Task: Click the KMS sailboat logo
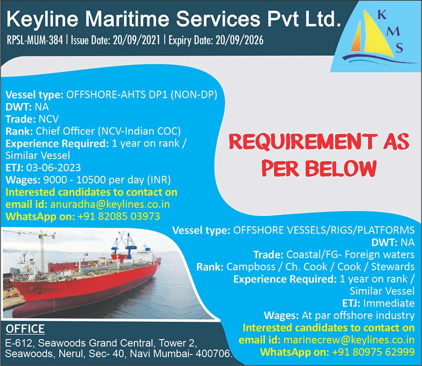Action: [x=377, y=36]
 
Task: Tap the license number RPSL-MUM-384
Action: [x=34, y=40]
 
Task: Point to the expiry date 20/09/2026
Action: [x=239, y=40]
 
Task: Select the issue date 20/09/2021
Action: [x=137, y=40]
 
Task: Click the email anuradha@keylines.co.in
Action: [x=110, y=204]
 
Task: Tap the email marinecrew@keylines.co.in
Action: [x=349, y=340]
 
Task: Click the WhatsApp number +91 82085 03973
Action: [x=119, y=217]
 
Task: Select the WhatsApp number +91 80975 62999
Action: [x=373, y=352]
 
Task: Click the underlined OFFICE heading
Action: [x=25, y=329]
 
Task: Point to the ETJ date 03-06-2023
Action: [x=53, y=168]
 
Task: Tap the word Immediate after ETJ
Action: [x=389, y=303]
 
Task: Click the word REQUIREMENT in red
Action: [x=303, y=142]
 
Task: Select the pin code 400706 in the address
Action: [x=213, y=354]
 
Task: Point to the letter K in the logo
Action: [x=382, y=15]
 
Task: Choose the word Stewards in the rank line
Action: [x=393, y=267]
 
